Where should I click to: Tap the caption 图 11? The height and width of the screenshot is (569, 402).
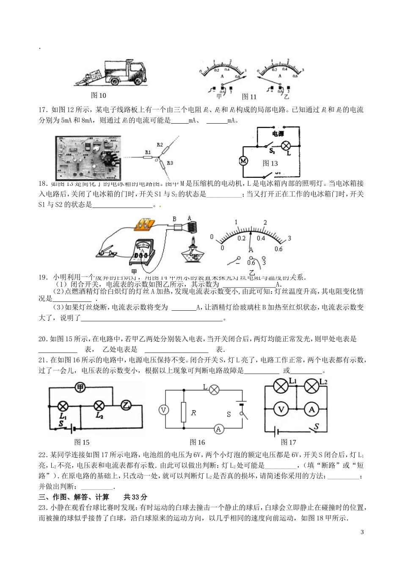pyautogui.click(x=249, y=97)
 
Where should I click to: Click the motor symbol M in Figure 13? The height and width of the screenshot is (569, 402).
pyautogui.click(x=243, y=161)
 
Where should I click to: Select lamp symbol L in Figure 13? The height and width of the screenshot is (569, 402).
pyautogui.click(x=286, y=146)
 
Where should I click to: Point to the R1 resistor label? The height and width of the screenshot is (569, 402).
pyautogui.click(x=148, y=152)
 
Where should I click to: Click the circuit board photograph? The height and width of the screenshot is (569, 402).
pyautogui.click(x=88, y=158)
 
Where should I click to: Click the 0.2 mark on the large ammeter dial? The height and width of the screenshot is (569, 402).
pyautogui.click(x=241, y=238)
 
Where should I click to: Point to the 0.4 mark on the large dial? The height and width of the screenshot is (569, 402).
pyautogui.click(x=260, y=238)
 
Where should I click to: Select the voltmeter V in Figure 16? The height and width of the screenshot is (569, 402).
pyautogui.click(x=163, y=410)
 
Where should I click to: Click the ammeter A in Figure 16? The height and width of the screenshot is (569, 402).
pyautogui.click(x=218, y=429)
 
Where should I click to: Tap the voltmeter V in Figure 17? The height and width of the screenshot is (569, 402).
pyautogui.click(x=280, y=409)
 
